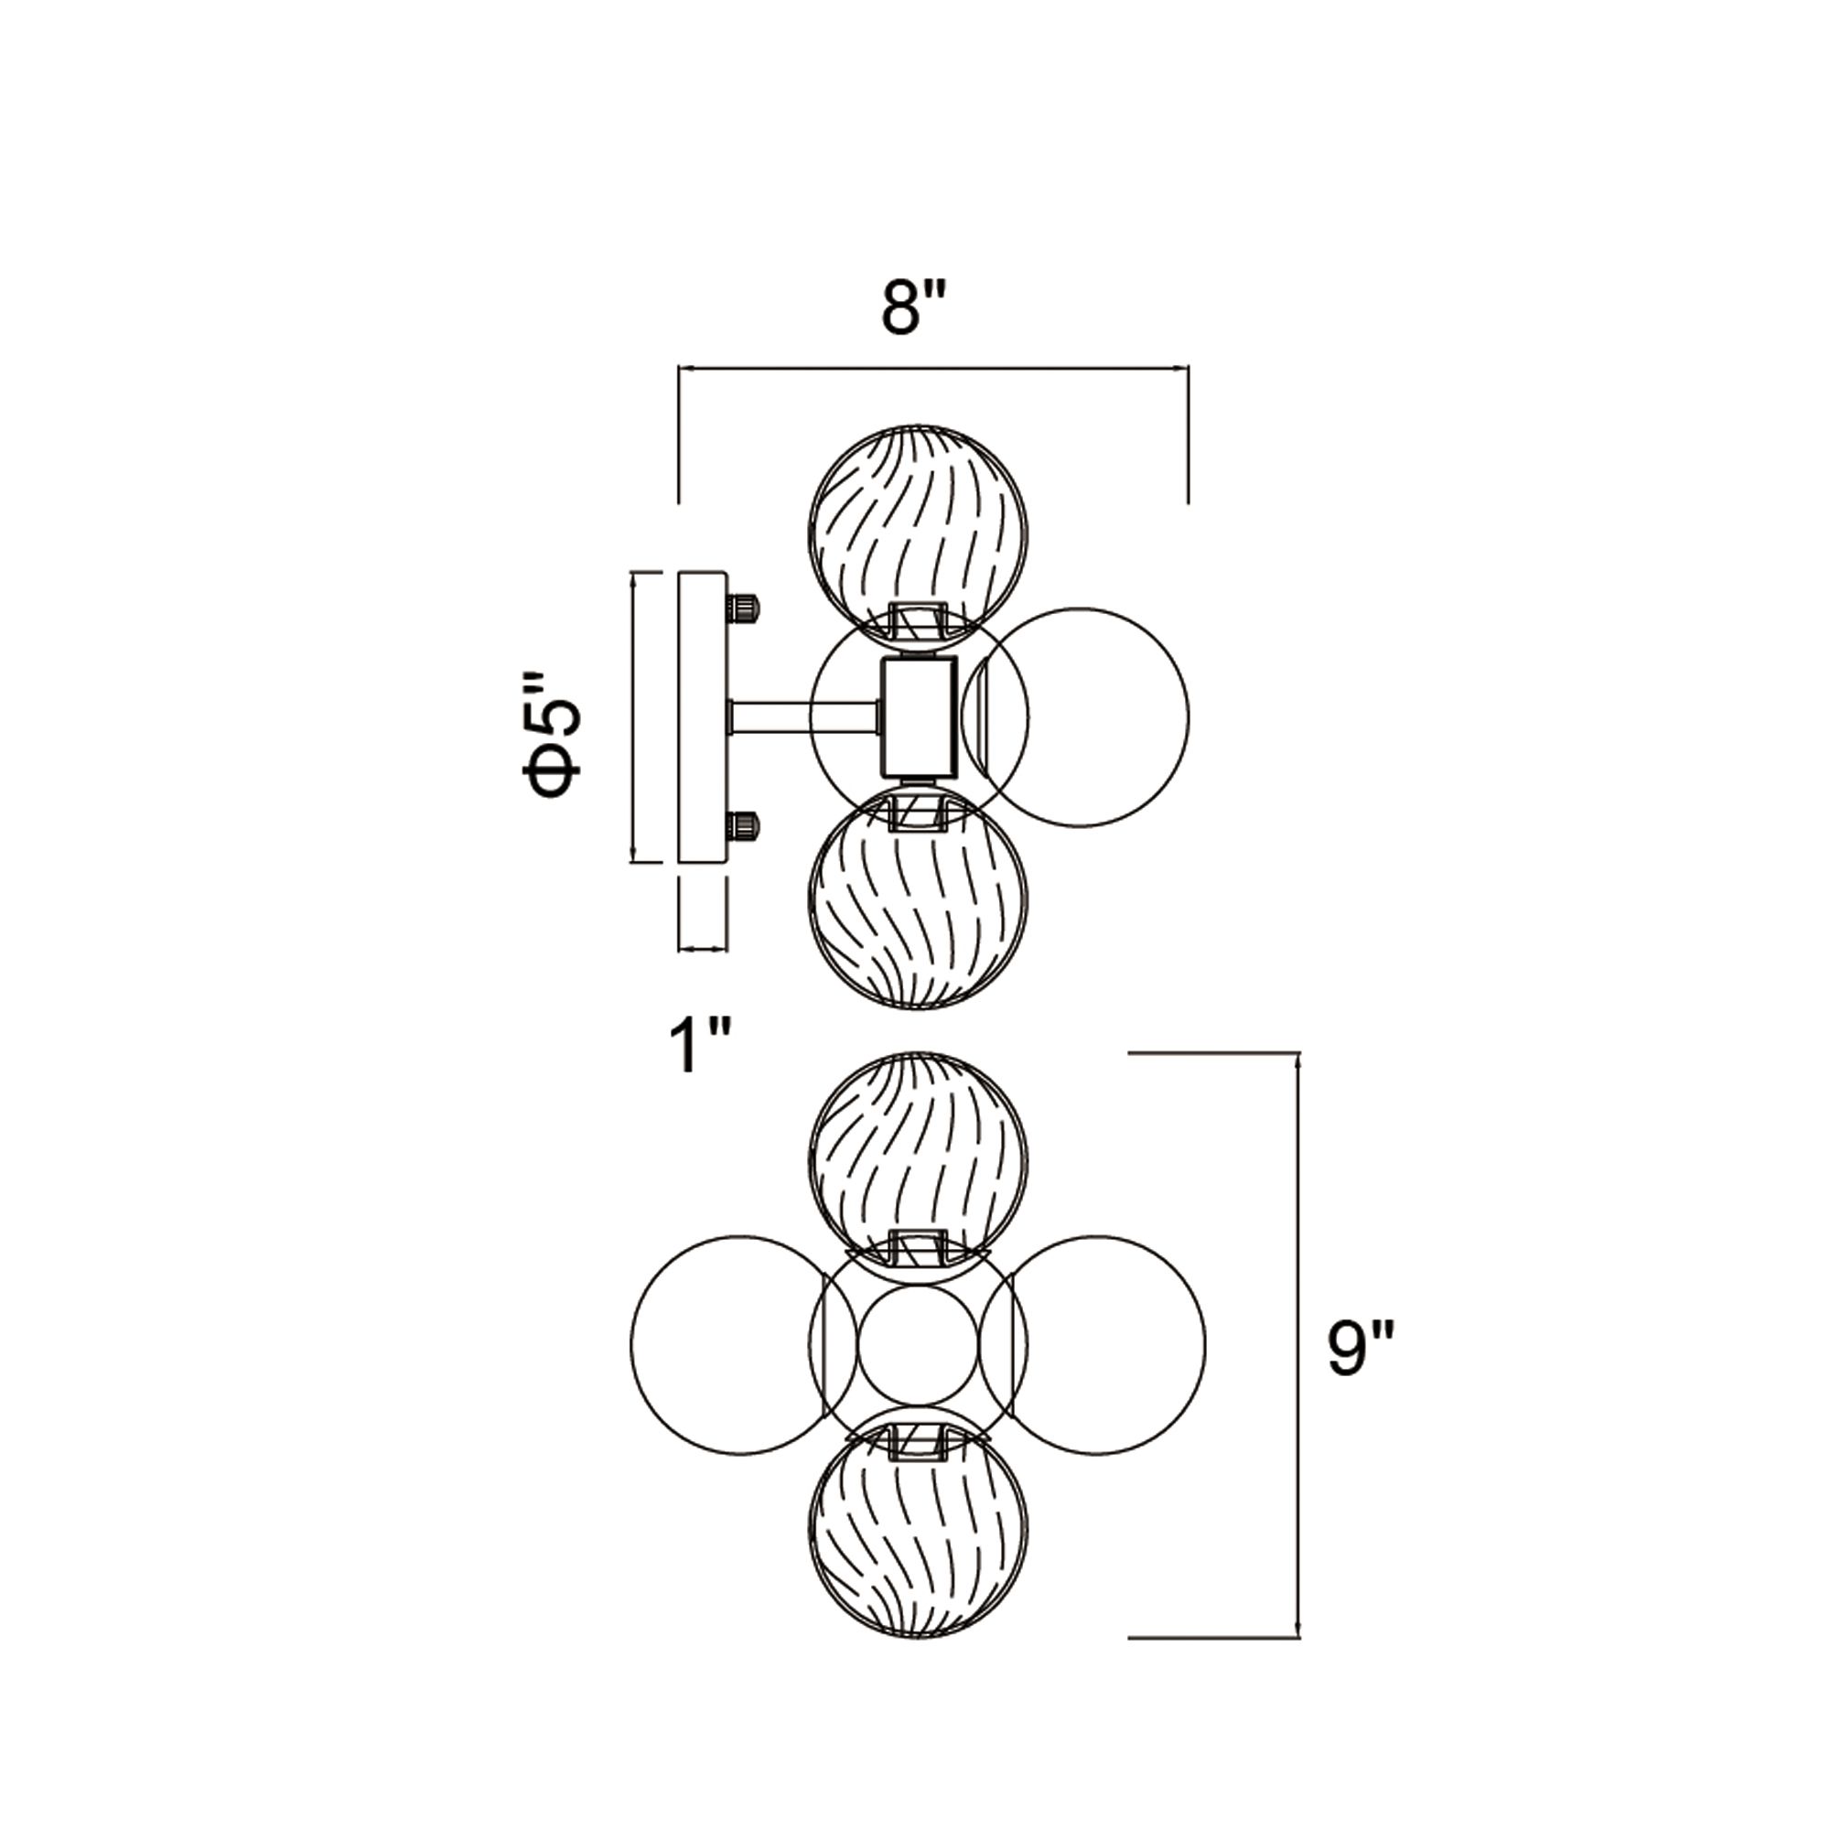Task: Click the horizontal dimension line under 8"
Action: [933, 368]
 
